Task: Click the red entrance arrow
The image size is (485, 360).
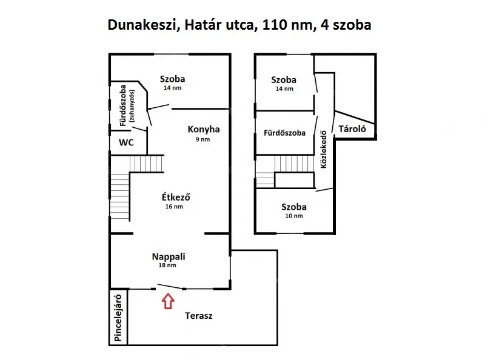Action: click(x=168, y=301)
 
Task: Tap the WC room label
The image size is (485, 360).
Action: click(x=126, y=142)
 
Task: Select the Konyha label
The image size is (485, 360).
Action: click(x=204, y=129)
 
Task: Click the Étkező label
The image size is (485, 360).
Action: click(x=176, y=197)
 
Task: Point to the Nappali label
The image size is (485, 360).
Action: click(x=169, y=257)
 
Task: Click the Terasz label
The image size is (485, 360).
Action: click(x=199, y=316)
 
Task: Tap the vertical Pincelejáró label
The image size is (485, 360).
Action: click(x=118, y=318)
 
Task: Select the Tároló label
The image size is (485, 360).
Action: click(x=352, y=128)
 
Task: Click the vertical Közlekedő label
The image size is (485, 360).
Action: click(x=324, y=149)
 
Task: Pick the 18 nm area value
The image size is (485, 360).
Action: click(x=167, y=265)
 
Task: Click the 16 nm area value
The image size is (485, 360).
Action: click(x=174, y=206)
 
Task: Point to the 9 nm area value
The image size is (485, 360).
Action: click(x=202, y=139)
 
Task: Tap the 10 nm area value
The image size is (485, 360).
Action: click(x=294, y=216)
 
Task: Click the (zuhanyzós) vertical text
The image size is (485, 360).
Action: click(x=132, y=106)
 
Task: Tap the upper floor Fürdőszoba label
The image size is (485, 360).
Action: click(x=284, y=133)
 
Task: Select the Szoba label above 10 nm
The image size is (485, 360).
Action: click(x=294, y=207)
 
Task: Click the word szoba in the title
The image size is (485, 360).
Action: click(x=352, y=25)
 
